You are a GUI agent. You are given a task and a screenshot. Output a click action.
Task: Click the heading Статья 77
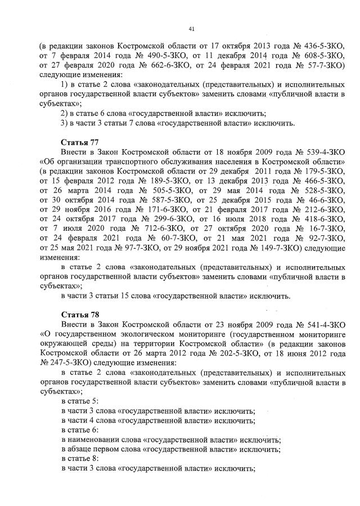coord(80,142)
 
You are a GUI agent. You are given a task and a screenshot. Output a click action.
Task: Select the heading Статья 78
coord(80,313)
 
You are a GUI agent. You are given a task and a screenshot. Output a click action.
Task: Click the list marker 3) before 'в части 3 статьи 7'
coord(64,123)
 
